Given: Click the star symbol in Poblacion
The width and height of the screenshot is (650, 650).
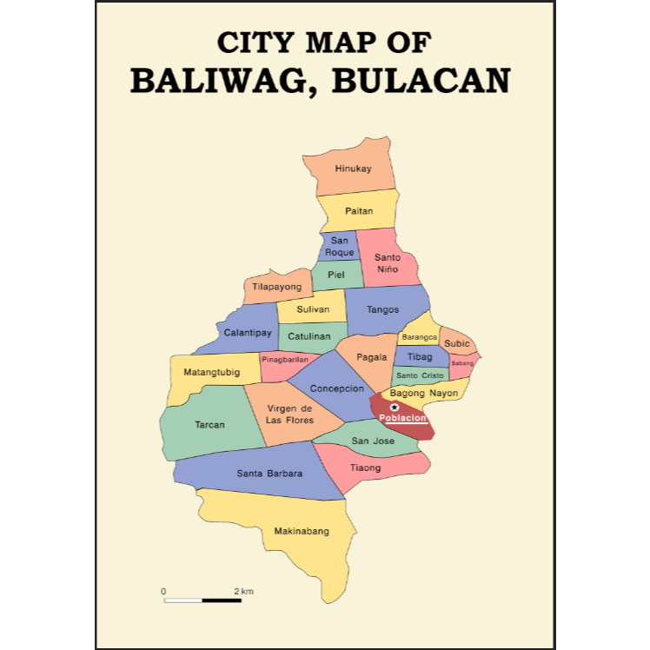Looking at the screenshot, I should [x=395, y=407].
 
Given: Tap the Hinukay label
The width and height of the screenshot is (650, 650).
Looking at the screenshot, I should [x=353, y=168].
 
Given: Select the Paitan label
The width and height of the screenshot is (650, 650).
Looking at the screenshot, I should [x=358, y=211].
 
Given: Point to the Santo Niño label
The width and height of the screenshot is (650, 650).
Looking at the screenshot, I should [x=388, y=263].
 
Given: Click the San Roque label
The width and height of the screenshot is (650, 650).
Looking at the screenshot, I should [x=339, y=246].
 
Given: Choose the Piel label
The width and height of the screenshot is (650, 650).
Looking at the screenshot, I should [x=335, y=275].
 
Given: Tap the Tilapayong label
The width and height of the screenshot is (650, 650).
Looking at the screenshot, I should [x=277, y=287].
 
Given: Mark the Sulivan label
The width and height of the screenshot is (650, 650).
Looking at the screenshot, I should [x=313, y=309].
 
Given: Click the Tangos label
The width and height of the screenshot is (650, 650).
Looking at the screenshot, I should [x=382, y=309].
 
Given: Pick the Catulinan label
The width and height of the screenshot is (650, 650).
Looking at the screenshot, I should [x=309, y=335].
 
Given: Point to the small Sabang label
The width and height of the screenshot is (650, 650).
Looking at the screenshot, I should [x=462, y=363].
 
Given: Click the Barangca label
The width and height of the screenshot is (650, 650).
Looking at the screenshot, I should [x=419, y=337].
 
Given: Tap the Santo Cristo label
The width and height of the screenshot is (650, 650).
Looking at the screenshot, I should [x=420, y=375].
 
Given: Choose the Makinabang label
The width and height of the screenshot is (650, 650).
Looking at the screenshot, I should [x=302, y=531].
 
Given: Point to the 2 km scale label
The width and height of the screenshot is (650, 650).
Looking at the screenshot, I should [x=243, y=592].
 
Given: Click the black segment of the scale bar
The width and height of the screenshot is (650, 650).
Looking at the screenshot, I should [x=222, y=600].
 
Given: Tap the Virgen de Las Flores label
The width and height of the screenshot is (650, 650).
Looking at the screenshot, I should [x=289, y=415].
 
